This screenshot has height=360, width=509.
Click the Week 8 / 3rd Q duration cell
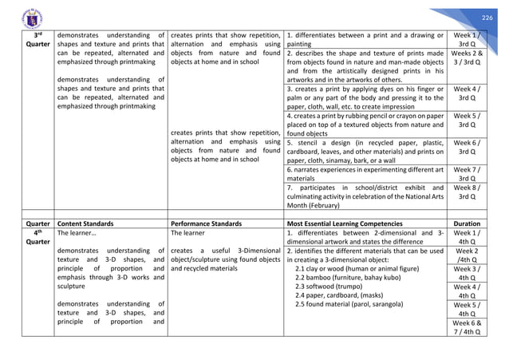(467, 188)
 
